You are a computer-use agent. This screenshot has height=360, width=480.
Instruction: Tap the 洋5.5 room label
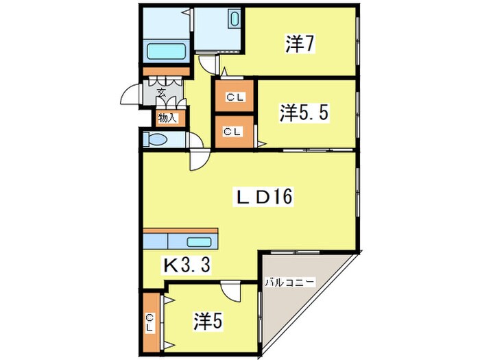305,113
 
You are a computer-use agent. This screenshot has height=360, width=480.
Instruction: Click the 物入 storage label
167,118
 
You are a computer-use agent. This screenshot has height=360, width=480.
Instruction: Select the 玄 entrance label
162,91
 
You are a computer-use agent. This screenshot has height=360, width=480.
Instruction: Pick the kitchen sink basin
200,241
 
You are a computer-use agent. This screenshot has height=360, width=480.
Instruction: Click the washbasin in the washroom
234,19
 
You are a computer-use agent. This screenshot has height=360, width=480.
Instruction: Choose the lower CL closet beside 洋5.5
233,131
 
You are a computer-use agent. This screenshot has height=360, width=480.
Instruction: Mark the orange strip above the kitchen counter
180,231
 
